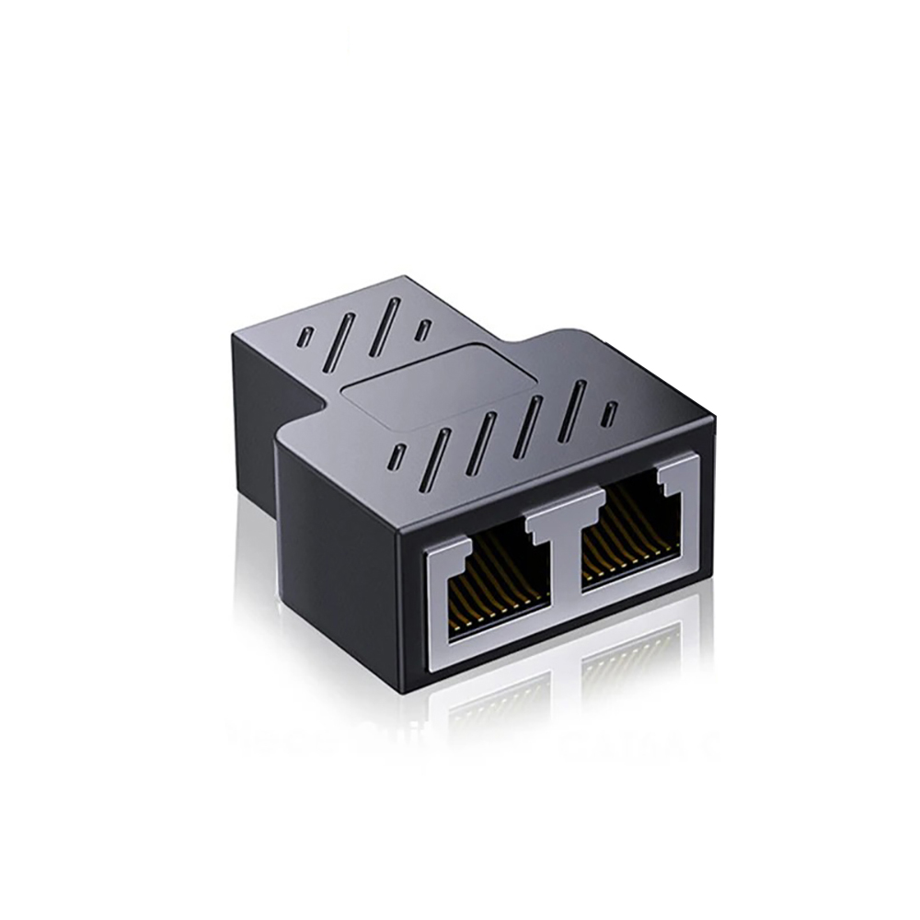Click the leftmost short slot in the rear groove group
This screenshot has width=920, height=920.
click(x=305, y=337)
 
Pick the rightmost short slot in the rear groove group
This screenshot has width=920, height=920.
click(x=422, y=329)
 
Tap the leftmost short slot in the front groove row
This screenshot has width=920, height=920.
click(x=397, y=455)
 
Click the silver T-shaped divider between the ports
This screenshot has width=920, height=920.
click(x=563, y=520)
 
